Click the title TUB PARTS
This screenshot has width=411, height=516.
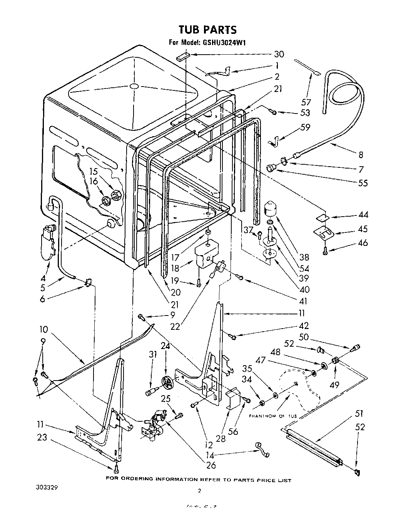(x=207, y=30)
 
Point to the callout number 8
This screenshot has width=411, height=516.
(x=361, y=155)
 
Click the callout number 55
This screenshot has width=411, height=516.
(x=363, y=183)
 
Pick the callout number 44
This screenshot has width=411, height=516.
(x=363, y=215)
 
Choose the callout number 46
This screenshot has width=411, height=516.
(x=363, y=243)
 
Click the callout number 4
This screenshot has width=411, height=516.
(x=43, y=278)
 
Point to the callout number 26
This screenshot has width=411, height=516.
(x=211, y=464)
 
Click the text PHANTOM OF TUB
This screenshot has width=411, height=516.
(x=273, y=416)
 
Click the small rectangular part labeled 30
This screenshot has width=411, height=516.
(x=183, y=57)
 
